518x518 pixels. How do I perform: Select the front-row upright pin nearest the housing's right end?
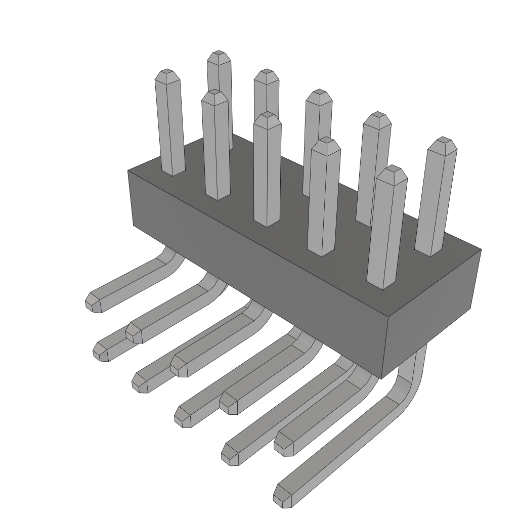387,228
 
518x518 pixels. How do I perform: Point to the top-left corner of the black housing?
128,170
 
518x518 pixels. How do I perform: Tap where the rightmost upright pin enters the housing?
429,253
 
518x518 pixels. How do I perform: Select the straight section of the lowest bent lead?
339,445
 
